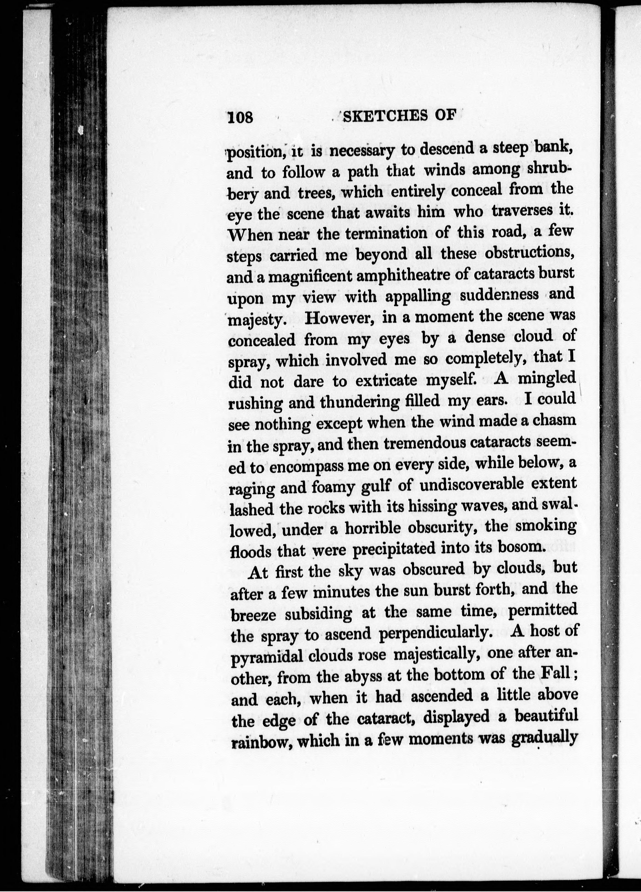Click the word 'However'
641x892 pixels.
point(340,318)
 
